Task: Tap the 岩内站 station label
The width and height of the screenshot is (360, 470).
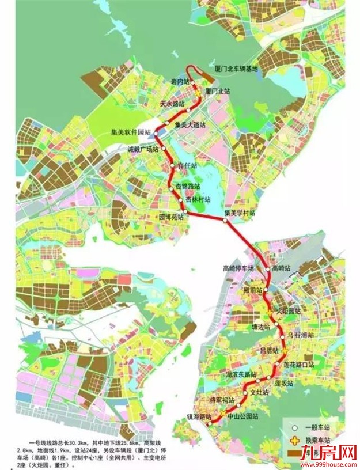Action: click(180, 82)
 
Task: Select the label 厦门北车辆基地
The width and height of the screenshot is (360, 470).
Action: click(237, 69)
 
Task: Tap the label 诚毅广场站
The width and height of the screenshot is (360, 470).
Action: click(142, 149)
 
